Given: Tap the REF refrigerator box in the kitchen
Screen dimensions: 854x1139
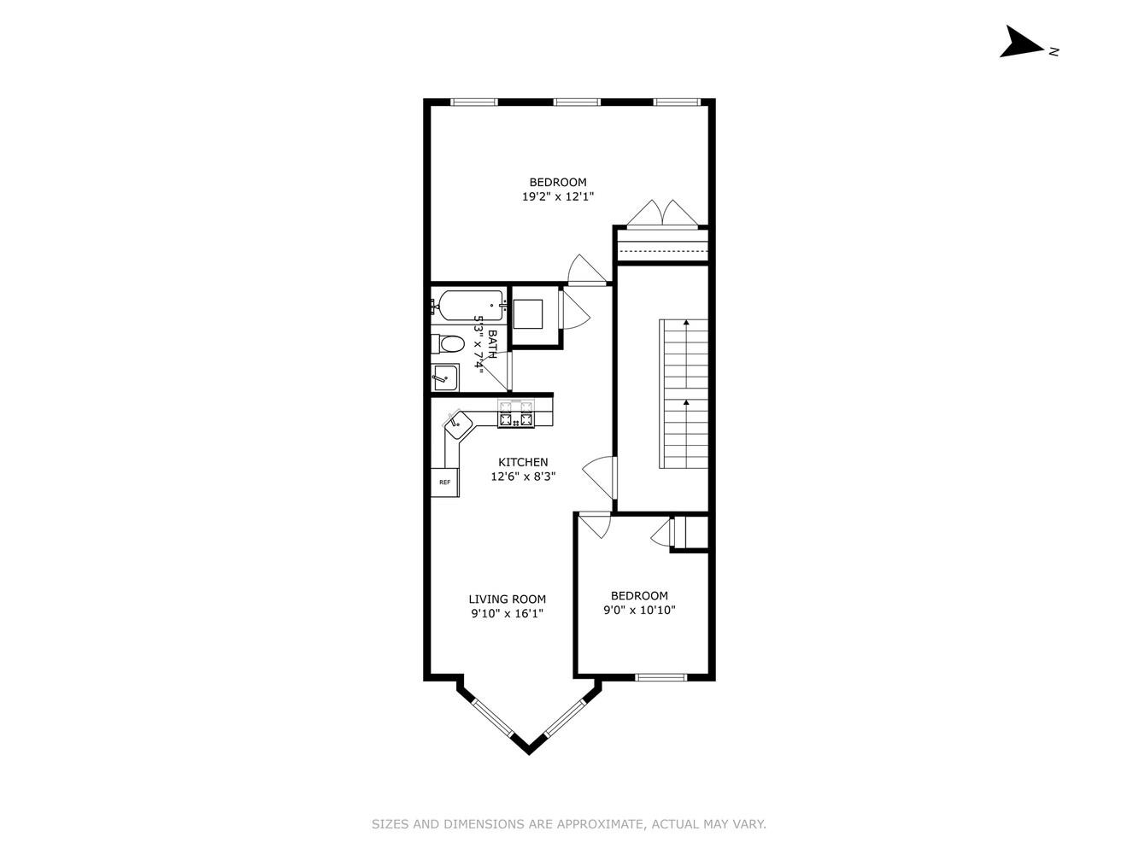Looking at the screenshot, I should [x=444, y=483].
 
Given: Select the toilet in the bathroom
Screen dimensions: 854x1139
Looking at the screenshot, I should [x=448, y=344].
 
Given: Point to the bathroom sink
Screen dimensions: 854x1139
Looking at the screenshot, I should [x=444, y=377].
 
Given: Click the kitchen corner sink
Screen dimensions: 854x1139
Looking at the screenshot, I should [x=460, y=422].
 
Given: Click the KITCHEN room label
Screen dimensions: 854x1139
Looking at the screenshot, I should [x=524, y=462].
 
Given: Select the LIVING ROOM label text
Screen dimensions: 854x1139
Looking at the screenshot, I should [x=507, y=599].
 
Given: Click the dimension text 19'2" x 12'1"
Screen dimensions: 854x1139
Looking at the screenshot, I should [x=558, y=196].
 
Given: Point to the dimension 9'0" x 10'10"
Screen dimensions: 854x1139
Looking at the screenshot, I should [x=639, y=610].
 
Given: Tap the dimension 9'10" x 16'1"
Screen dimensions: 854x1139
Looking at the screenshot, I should [x=507, y=613].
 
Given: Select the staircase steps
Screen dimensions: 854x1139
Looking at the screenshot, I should [x=684, y=393].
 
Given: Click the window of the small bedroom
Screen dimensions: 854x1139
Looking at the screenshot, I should [x=661, y=677].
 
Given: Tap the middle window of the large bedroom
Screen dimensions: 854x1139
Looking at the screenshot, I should [x=577, y=102].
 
